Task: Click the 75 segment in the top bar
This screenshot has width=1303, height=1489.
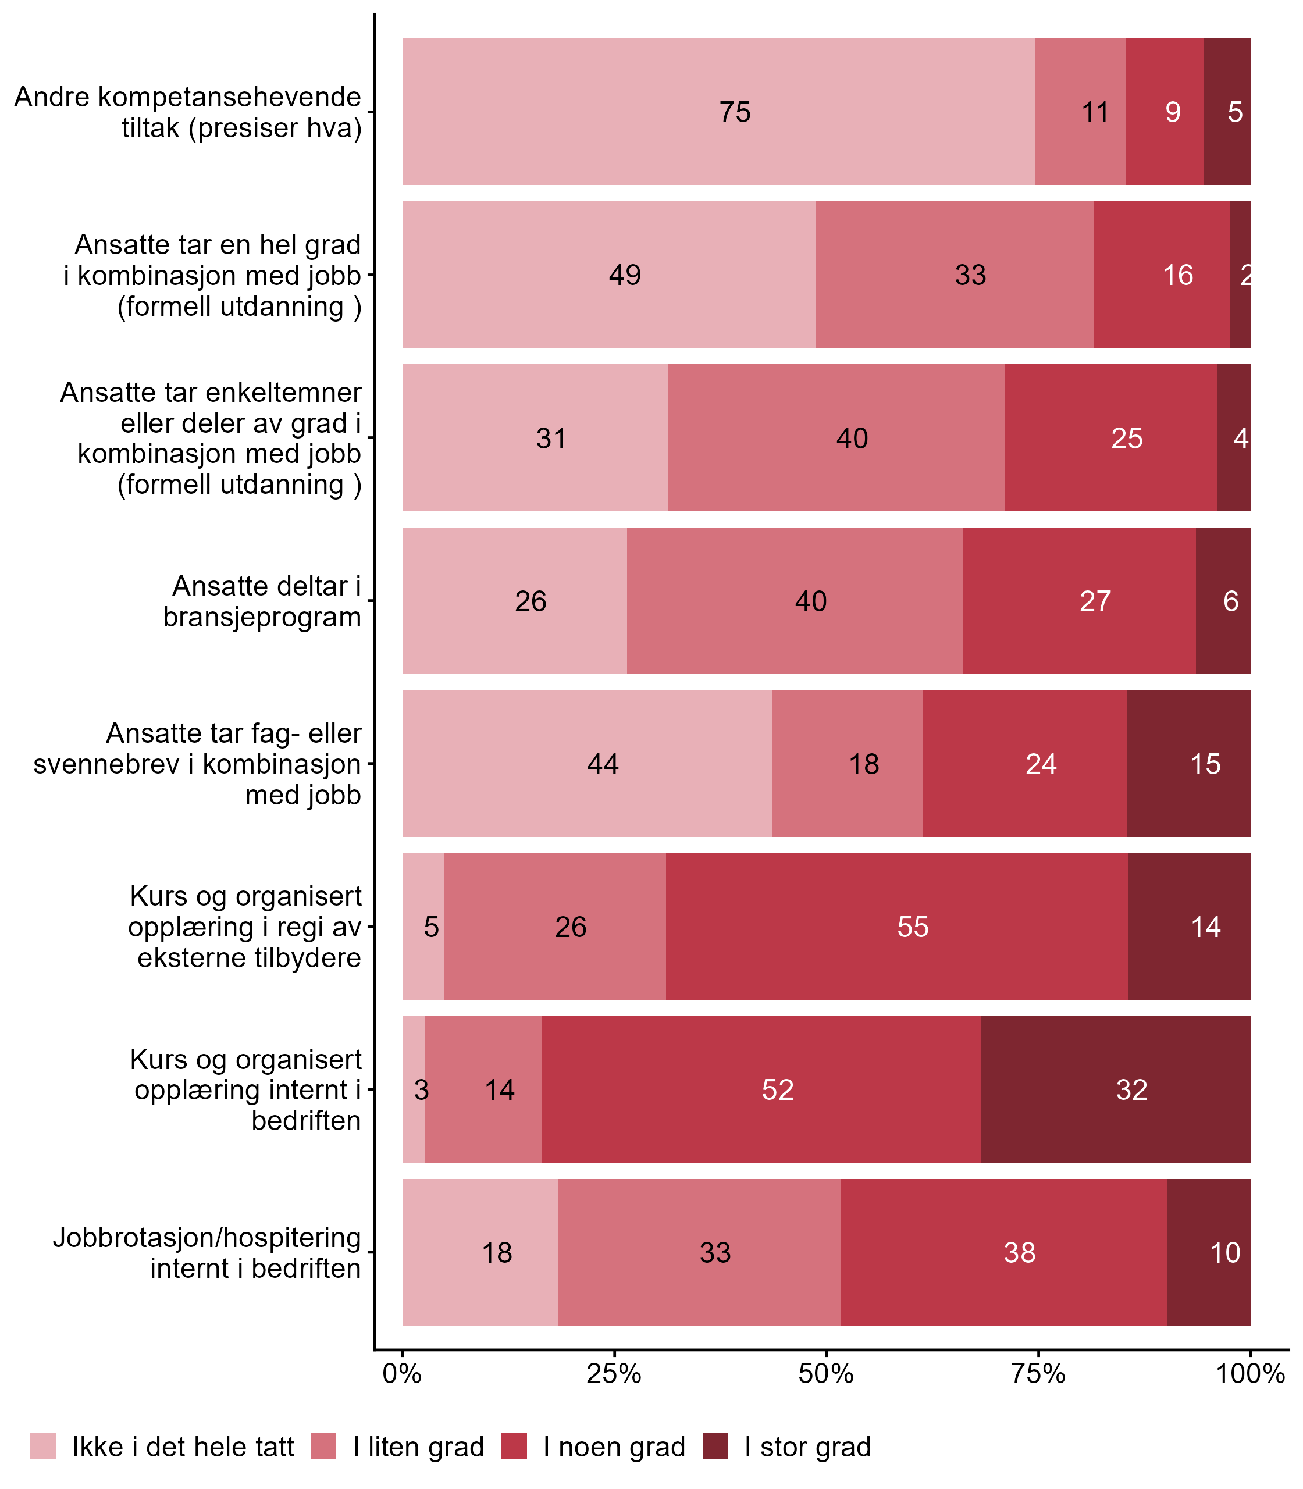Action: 718,112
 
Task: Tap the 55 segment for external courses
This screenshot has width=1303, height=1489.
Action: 896,926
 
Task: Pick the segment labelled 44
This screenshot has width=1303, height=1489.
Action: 587,763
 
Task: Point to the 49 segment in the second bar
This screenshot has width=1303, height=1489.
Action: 608,275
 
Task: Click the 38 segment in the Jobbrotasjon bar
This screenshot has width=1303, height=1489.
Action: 1003,1252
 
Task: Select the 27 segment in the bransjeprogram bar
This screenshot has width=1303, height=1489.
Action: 1078,600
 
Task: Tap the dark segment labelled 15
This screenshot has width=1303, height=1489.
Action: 1189,763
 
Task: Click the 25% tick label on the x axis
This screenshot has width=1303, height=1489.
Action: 614,1374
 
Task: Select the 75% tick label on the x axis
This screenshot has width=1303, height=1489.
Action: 1038,1374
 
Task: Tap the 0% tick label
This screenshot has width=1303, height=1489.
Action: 402,1374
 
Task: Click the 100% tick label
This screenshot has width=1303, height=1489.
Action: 1250,1374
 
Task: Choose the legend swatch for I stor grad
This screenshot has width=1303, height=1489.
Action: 715,1446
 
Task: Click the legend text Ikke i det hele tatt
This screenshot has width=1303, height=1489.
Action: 183,1447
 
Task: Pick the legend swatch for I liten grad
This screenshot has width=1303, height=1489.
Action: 323,1446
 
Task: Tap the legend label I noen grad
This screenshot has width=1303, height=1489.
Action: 614,1447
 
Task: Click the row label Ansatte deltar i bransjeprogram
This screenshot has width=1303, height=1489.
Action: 262,601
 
